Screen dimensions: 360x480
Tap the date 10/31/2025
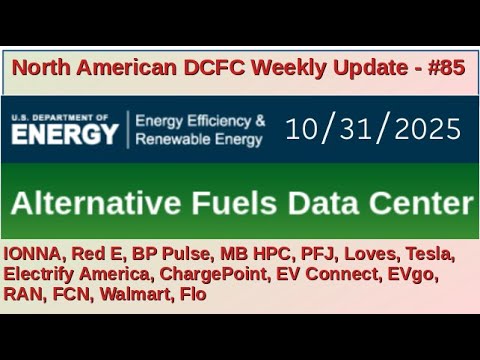coord(373,128)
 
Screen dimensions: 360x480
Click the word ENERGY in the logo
coord(66,134)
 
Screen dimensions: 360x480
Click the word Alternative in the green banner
coord(96,204)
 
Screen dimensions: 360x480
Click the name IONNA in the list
coord(35,253)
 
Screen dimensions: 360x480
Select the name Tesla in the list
coord(431,253)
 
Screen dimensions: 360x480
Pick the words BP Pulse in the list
coord(175,253)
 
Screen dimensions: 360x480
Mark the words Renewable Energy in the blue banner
coord(200,139)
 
